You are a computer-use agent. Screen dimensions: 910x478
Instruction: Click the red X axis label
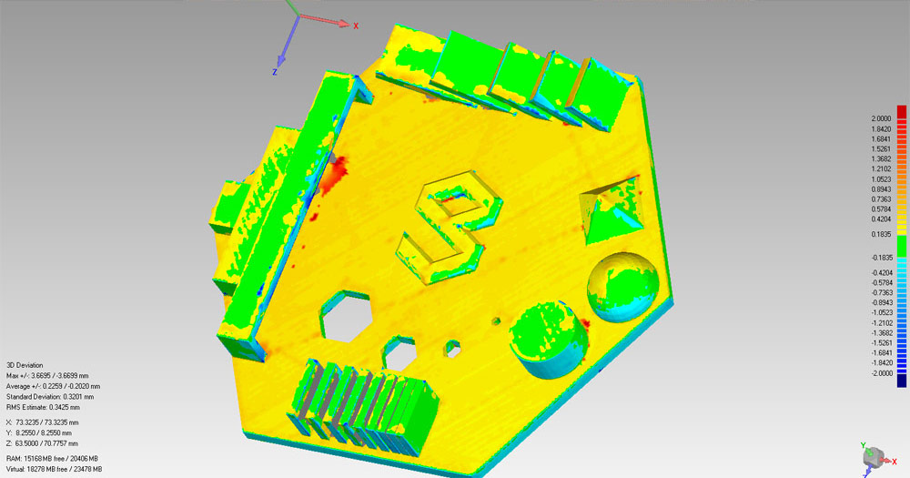356,26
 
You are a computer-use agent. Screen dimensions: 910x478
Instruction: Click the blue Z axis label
275,72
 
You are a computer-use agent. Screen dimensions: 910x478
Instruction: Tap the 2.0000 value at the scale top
881,118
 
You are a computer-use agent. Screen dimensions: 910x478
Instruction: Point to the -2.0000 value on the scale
881,373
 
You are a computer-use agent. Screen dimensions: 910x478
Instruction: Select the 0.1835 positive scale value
881,234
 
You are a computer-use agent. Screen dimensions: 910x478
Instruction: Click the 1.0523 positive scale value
881,178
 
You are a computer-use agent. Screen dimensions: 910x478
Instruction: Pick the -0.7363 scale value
881,293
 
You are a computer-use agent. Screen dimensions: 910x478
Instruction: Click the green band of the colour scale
901,245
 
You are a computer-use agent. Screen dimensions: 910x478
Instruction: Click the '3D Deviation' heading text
25,365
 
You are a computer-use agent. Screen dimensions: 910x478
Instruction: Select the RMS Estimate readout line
44,407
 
